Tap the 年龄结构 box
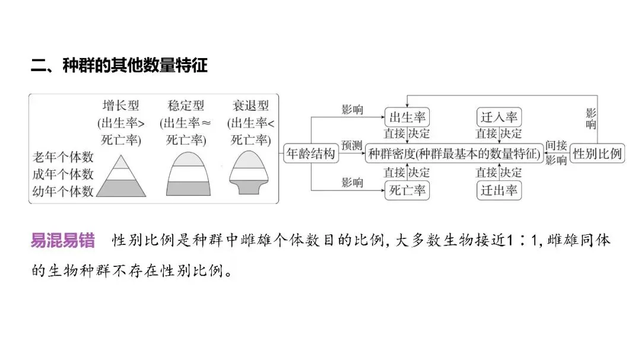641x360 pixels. point(310,154)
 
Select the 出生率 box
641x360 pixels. point(407,117)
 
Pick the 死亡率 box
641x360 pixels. point(407,190)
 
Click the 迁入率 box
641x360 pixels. point(499,117)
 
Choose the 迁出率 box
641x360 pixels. point(499,190)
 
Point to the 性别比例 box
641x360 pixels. point(597,154)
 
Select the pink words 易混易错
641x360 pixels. point(62,241)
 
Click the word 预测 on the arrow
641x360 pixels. point(351,145)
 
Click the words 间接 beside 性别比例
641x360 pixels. point(556,145)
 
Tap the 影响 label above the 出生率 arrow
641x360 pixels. point(352,110)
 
